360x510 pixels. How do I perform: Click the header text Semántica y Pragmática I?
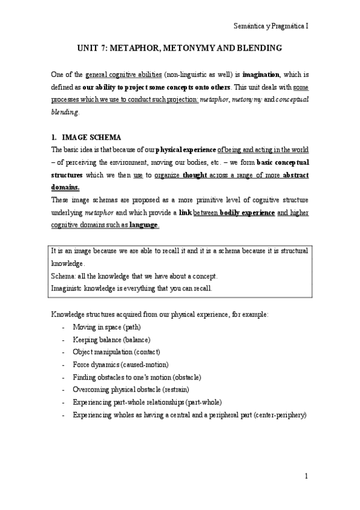click(270, 26)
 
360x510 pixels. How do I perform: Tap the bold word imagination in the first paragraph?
click(261, 75)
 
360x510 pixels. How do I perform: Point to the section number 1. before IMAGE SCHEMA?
click(54, 137)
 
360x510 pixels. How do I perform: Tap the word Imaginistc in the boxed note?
click(68, 288)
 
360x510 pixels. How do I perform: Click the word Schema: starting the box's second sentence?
click(64, 275)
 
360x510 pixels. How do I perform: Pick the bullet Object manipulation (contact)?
click(116, 352)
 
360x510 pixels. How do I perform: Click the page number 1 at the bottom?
click(307, 477)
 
